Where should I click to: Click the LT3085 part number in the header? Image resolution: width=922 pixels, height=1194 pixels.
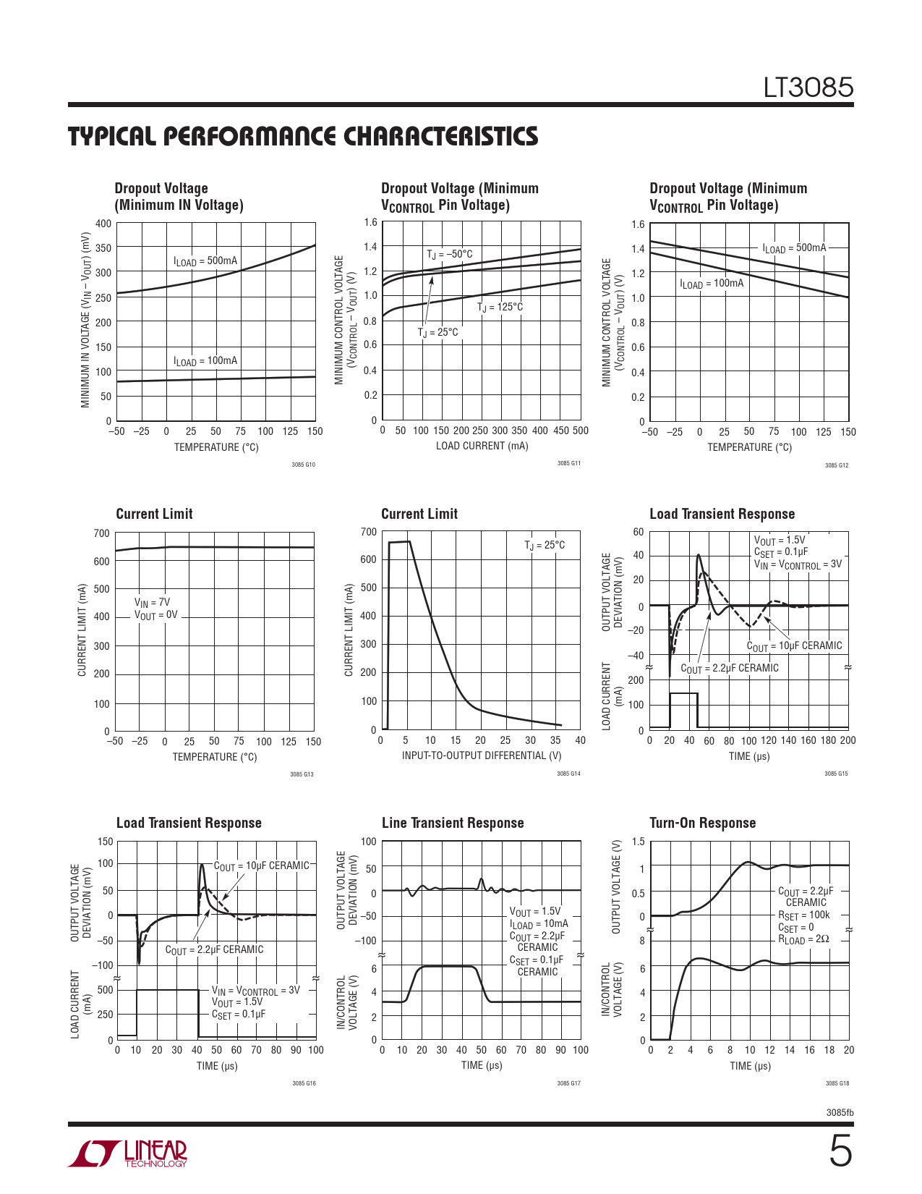point(808,88)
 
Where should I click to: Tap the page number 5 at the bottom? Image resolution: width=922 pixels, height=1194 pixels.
point(840,1152)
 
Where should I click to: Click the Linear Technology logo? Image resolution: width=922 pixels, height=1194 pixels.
point(128,1153)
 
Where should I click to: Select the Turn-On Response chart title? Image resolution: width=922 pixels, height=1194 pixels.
point(702,823)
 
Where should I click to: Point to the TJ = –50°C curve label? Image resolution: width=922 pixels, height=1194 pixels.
point(449,254)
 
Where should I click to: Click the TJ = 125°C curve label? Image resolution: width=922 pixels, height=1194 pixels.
point(500,307)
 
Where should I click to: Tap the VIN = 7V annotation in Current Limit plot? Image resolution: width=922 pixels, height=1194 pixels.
point(152,602)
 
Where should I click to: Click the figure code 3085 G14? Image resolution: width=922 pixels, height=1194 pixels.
point(568,774)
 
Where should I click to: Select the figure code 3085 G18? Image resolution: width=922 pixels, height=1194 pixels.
point(837,1083)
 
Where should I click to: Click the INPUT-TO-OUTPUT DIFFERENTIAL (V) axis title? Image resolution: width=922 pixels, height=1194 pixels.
point(482,755)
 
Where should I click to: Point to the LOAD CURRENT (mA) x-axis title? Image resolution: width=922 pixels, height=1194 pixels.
point(482,446)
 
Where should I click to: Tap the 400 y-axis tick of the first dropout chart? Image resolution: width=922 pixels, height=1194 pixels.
point(104,224)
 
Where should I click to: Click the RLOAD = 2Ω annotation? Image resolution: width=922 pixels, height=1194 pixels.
point(803,939)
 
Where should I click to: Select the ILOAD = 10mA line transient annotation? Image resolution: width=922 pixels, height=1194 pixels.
point(539,923)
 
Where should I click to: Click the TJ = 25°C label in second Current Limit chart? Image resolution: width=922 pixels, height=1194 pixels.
point(545,545)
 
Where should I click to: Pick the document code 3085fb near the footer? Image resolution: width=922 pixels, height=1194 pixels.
point(840,1112)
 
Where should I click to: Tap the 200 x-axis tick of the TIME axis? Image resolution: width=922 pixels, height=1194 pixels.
point(848,740)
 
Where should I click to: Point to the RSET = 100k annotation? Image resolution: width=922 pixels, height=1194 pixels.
point(803,915)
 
